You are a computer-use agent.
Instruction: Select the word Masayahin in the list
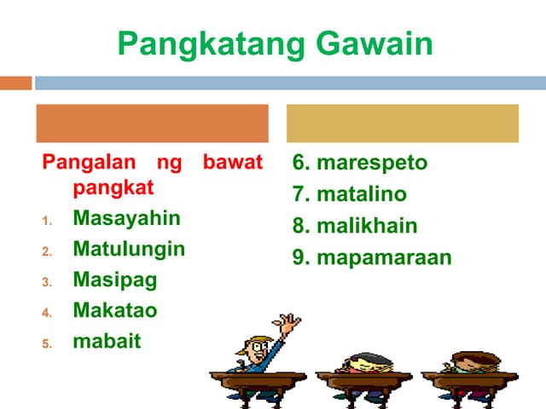tap(126, 218)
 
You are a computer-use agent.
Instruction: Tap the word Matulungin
tap(129, 249)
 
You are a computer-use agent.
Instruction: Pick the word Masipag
tap(115, 279)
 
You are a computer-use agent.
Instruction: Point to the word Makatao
tap(115, 310)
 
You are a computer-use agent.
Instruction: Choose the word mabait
tap(107, 341)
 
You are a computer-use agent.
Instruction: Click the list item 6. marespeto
tap(359, 163)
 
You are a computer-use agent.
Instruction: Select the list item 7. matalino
tap(349, 194)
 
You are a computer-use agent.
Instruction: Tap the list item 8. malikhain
tap(355, 226)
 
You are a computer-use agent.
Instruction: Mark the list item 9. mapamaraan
tap(371, 256)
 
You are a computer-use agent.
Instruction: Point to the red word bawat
tap(233, 162)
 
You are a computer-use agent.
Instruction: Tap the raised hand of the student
tap(290, 323)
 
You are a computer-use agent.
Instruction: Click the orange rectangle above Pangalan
tap(152, 124)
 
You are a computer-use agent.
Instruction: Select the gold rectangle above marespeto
tap(402, 124)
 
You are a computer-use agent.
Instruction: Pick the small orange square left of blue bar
tap(15, 84)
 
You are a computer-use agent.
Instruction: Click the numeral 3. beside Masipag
tap(48, 281)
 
